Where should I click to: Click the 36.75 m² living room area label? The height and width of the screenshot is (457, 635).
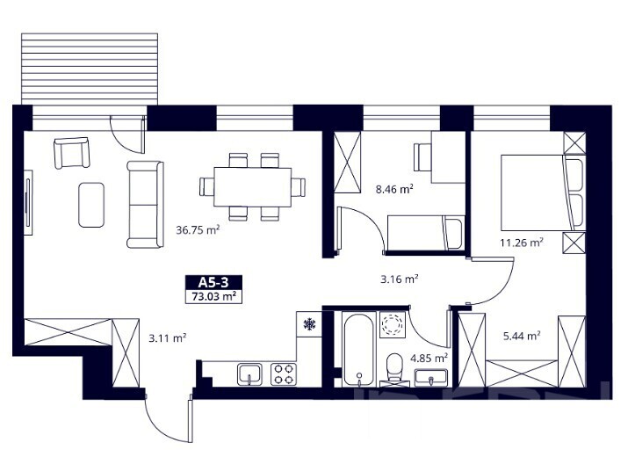[198, 230]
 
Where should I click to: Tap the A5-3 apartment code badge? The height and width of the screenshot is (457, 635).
[213, 282]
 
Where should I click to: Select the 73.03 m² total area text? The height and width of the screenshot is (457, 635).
[213, 296]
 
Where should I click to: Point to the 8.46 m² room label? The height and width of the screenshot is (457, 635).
[394, 189]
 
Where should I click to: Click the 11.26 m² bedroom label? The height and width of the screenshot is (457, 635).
[522, 243]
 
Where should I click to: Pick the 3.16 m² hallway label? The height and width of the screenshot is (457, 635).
[400, 279]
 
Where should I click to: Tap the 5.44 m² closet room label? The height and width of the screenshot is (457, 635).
[522, 336]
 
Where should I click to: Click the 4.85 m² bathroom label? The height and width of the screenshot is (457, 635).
[429, 359]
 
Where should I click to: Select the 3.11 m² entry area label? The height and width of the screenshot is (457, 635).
[167, 337]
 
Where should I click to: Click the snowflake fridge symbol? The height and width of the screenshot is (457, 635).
[309, 323]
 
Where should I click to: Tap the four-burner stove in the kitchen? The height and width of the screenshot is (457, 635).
[284, 374]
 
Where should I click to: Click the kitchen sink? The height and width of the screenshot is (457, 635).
[249, 374]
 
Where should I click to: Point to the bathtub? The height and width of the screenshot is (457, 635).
[359, 349]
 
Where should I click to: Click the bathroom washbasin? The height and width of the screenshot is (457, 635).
[431, 378]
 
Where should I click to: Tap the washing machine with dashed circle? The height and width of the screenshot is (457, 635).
[393, 324]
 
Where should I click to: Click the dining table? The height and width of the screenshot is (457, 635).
[252, 187]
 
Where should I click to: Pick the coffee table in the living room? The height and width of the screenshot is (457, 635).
[91, 205]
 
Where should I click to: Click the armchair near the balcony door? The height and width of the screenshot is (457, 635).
[72, 153]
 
